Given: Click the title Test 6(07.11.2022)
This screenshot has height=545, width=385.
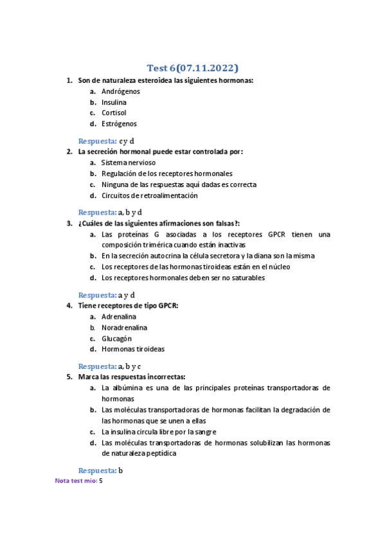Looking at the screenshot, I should tap(192, 68).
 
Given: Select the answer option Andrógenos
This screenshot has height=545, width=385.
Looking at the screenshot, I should tap(120, 91).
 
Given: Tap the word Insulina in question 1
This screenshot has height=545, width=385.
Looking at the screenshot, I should tap(114, 102).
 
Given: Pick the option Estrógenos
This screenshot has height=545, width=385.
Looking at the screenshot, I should tap(119, 124).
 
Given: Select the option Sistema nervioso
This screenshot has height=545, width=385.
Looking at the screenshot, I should tap(129, 163).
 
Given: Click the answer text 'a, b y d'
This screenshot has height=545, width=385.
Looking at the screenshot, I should tap(130, 212).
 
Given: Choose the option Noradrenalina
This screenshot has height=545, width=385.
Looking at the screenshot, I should tap(124, 328).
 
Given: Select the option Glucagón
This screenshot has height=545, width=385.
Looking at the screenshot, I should tap(116, 339).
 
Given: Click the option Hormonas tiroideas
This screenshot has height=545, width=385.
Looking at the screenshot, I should tap(132, 350).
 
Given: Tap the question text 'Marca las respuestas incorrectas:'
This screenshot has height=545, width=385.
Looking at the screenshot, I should tap(132, 377).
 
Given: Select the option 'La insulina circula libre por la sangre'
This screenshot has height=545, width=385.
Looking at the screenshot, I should tap(159, 432).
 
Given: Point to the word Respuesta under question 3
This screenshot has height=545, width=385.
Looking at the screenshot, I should tap(97, 295).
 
